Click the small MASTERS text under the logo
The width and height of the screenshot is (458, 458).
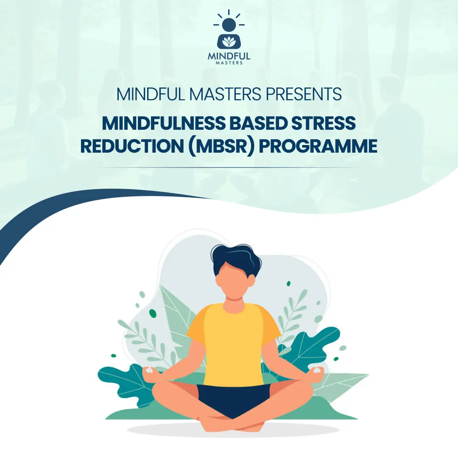pos(229,63)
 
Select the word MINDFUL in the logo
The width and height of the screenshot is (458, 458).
pos(229,56)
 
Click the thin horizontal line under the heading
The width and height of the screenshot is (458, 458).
pos(229,168)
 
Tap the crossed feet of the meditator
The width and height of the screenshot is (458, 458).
pos(231,422)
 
